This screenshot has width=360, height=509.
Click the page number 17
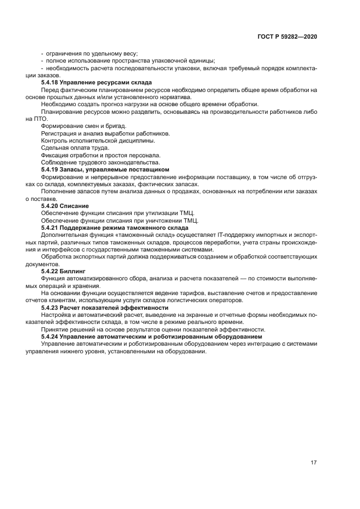pyautogui.click(x=313, y=463)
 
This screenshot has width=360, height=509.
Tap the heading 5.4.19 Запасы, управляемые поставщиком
pyautogui.click(x=105, y=169)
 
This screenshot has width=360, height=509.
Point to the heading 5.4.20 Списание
pyautogui.click(x=61, y=206)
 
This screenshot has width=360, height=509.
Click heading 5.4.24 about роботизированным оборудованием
pyautogui.click(x=151, y=336)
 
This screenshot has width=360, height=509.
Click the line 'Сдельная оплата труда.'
pyautogui.click(x=75, y=148)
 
